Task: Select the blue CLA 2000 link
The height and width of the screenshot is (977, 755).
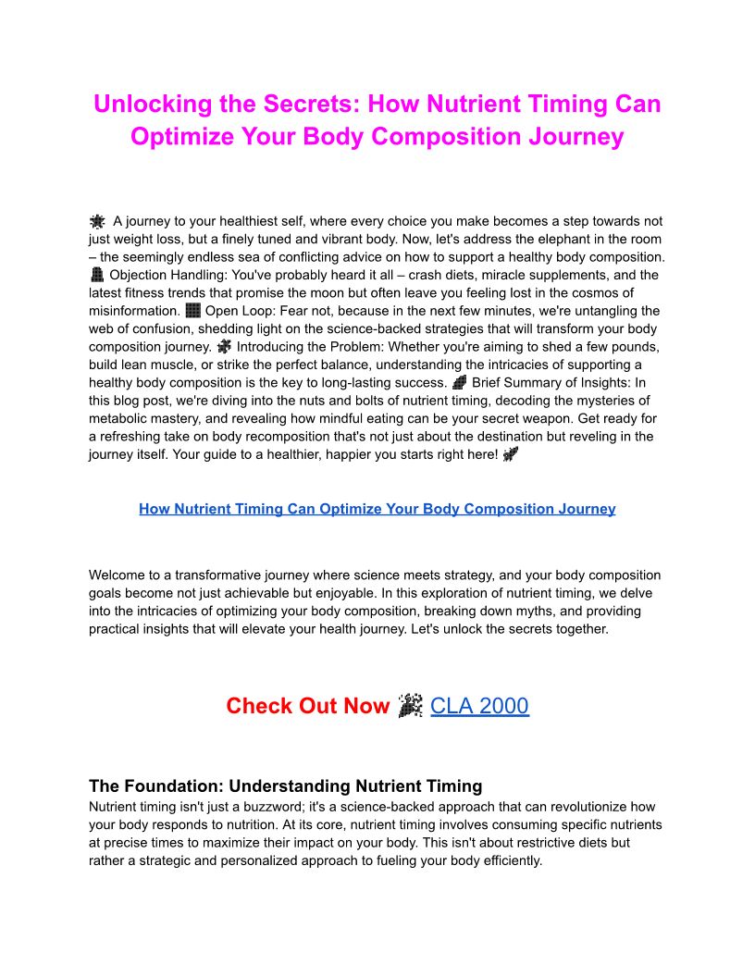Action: pyautogui.click(x=479, y=706)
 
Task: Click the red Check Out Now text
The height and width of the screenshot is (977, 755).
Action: pyautogui.click(x=308, y=706)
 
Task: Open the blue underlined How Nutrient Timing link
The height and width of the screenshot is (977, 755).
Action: pyautogui.click(x=377, y=509)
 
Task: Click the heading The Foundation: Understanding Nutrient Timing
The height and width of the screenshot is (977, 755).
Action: pyautogui.click(x=285, y=786)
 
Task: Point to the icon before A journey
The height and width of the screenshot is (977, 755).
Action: pyautogui.click(x=97, y=221)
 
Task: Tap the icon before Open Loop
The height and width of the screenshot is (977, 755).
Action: pyautogui.click(x=192, y=311)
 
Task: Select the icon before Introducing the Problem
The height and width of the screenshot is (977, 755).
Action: pyautogui.click(x=224, y=346)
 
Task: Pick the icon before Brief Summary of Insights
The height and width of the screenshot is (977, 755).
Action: pyautogui.click(x=460, y=382)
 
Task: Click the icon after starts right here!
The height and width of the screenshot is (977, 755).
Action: pyautogui.click(x=511, y=454)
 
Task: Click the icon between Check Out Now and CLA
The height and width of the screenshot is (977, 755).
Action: pyautogui.click(x=410, y=706)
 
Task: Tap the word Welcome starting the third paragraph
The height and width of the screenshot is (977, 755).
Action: pyautogui.click(x=118, y=575)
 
